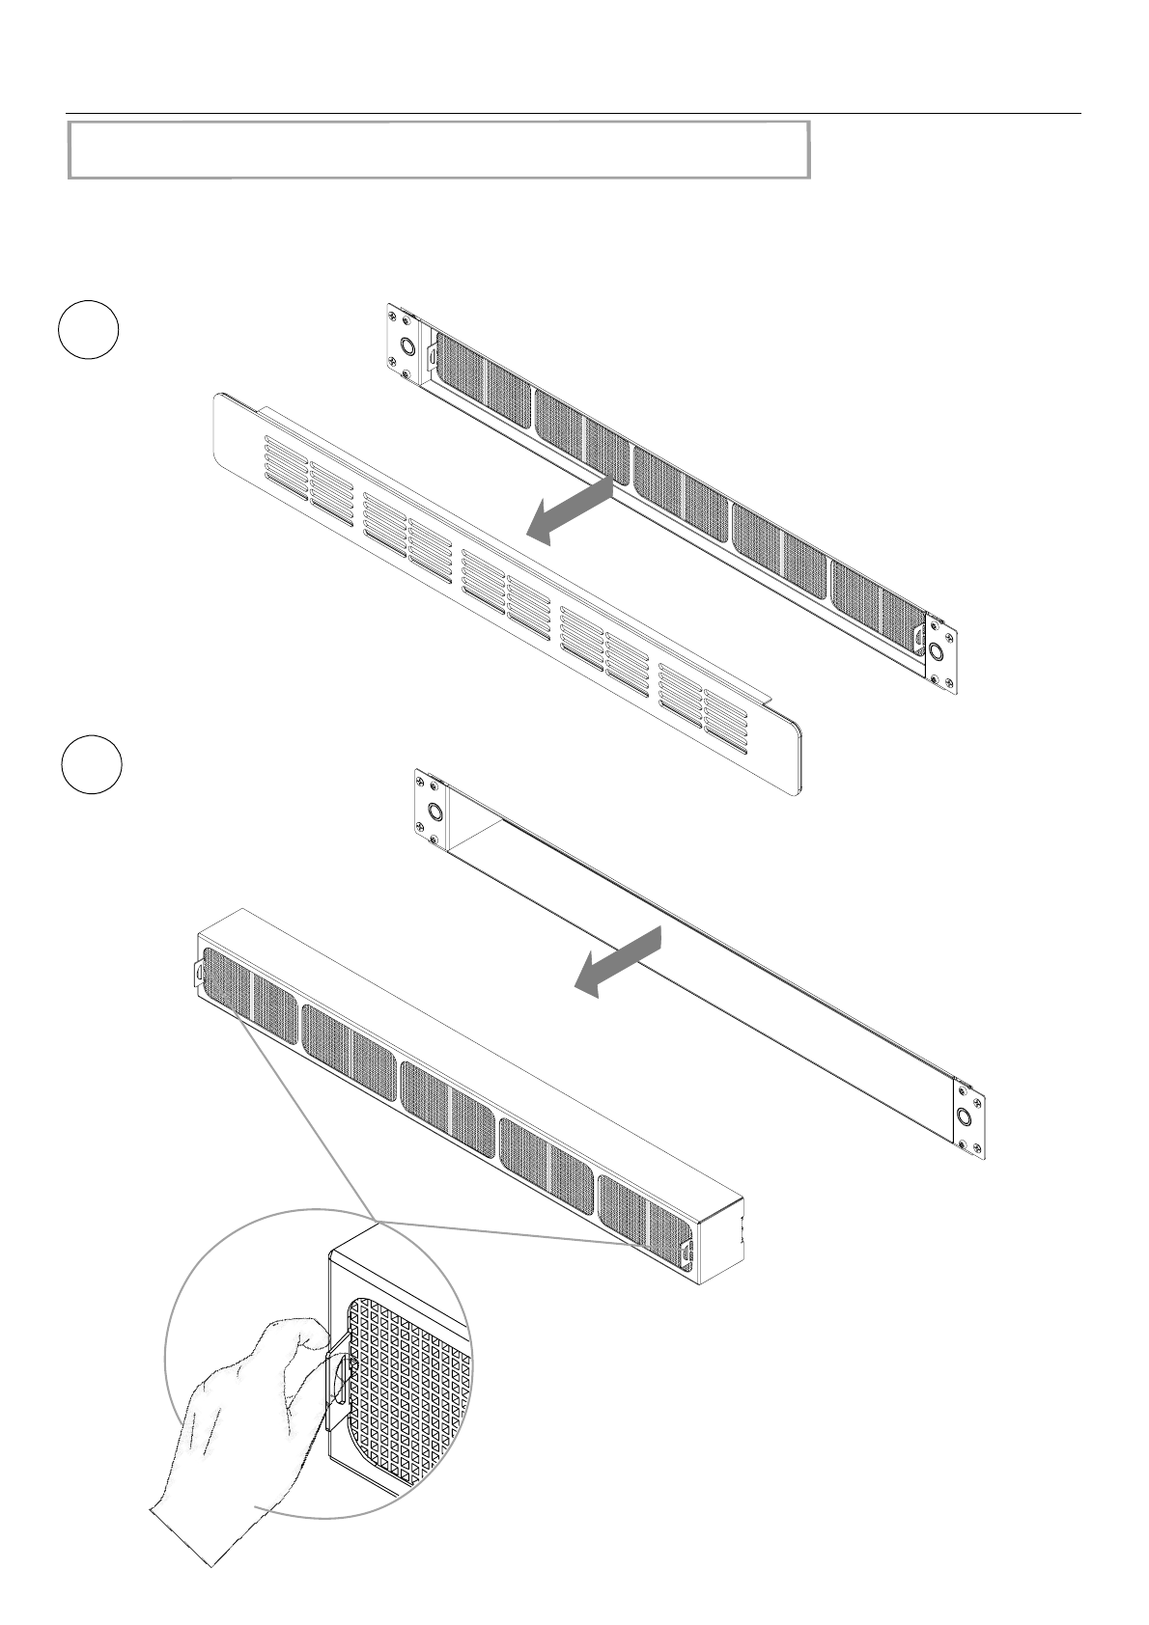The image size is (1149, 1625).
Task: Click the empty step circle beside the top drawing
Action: click(88, 330)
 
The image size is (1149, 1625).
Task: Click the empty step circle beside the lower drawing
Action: click(91, 763)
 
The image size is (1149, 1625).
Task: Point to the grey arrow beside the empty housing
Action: click(619, 961)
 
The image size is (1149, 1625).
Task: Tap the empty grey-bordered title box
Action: click(438, 150)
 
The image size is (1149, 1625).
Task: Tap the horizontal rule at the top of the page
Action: click(574, 113)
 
